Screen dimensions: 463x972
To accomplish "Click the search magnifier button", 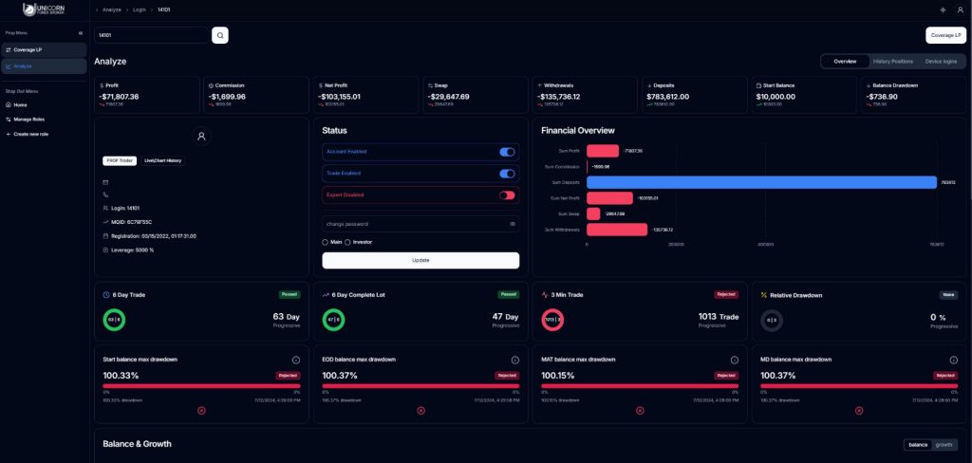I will point(220,35).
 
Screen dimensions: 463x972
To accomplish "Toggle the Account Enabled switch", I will point(507,152).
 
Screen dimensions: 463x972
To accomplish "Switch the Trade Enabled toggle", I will point(507,174).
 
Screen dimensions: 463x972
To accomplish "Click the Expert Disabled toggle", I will point(507,194).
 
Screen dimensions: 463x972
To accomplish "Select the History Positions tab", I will point(892,61).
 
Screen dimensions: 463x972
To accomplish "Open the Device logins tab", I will point(940,61).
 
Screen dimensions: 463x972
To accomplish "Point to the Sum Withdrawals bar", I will point(617,230).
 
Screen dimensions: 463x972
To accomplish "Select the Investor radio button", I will point(347,242).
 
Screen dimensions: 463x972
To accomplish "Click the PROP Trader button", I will point(120,160).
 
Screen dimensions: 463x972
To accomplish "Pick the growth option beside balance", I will point(944,444).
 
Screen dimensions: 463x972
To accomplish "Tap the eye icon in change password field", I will point(513,224).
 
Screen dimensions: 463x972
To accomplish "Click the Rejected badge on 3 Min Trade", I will point(726,294).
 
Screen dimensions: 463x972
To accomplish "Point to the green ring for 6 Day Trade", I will point(114,320).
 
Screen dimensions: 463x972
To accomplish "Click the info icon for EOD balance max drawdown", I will point(514,360).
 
